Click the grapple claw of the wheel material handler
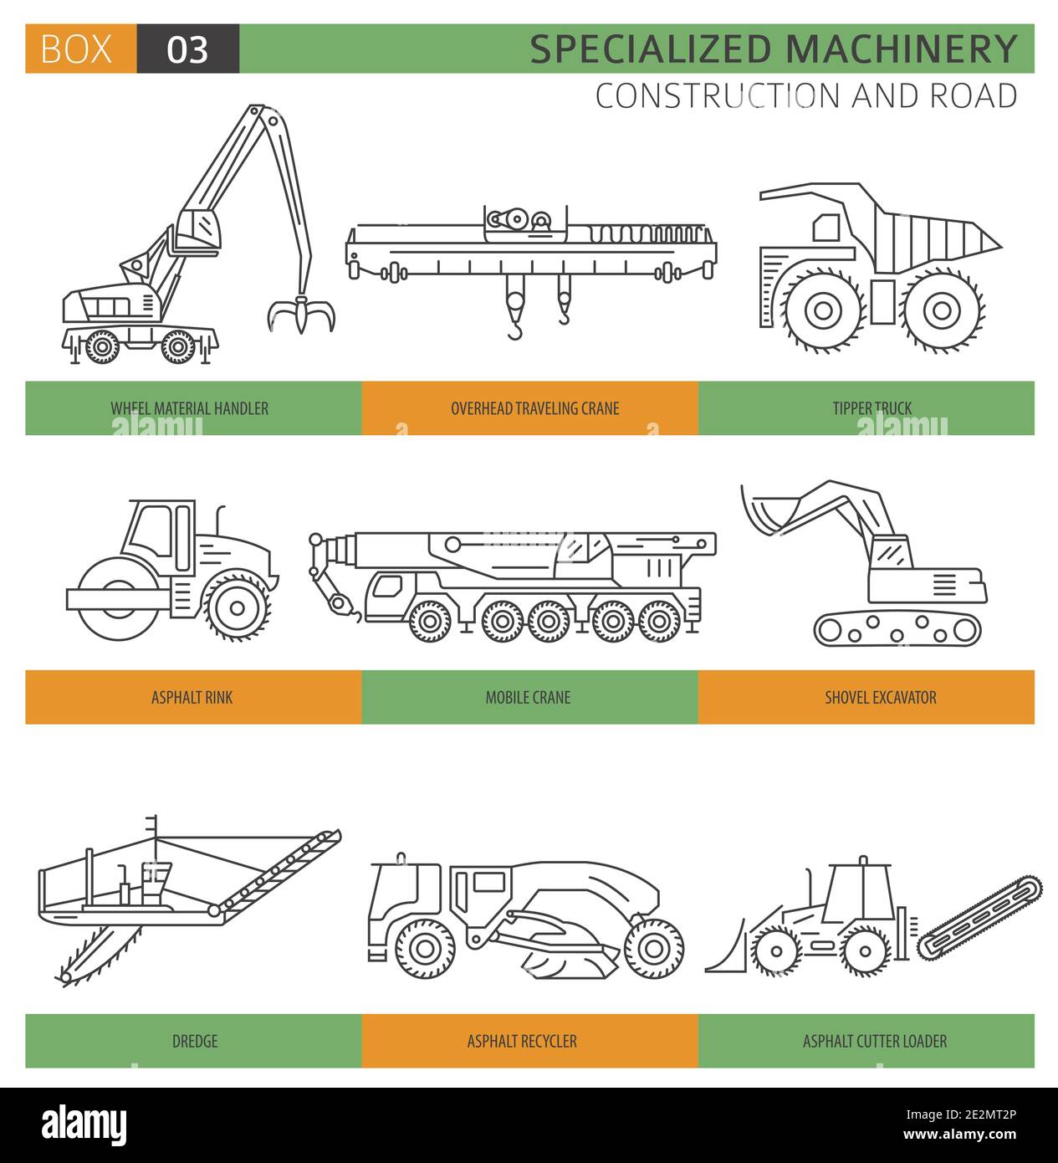coord(300,316)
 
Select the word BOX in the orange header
coord(76,50)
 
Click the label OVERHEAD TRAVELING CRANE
coord(534,408)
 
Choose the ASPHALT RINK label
coord(192,697)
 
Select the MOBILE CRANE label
coord(528,697)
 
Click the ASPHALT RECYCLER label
coord(522,1041)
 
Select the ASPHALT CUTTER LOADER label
coord(874,1041)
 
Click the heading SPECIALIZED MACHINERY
coord(773,49)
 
